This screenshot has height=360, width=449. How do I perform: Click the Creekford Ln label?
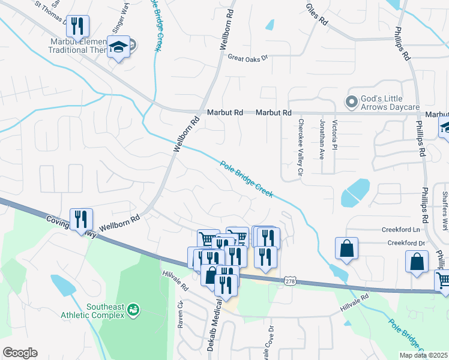tap(400, 230)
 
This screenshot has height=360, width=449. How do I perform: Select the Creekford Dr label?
tap(406, 243)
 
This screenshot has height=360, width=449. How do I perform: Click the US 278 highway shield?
tap(290, 280)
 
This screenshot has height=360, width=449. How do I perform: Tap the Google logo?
tap(20, 353)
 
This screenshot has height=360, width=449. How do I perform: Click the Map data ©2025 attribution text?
tap(423, 355)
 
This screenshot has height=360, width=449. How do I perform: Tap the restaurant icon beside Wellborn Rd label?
tap(80, 218)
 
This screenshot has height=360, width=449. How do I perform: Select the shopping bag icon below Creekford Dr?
tap(417, 262)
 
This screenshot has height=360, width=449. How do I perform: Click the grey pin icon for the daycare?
tap(350, 101)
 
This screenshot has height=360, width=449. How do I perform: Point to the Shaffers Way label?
tap(445, 204)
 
